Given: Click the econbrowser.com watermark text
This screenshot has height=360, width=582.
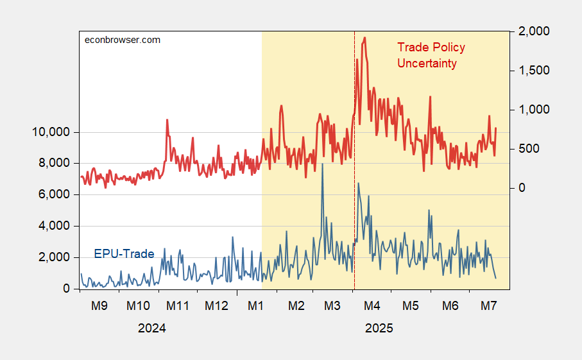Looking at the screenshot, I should tap(123, 40).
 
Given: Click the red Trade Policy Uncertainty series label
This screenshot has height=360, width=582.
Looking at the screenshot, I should tap(431, 55).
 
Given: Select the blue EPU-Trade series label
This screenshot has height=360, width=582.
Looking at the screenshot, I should tap(124, 254).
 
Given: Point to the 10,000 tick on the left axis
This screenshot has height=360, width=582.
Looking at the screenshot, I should tap(51, 132).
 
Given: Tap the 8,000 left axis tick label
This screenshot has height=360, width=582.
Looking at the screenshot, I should tap(54, 164).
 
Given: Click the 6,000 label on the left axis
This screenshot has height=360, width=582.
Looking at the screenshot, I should tap(54, 195).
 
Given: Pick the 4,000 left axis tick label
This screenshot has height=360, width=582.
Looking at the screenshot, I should tap(54, 227).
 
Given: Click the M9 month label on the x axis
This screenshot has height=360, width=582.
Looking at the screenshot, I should tap(99, 306).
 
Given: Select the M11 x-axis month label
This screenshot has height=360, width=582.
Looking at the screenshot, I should tap(178, 306).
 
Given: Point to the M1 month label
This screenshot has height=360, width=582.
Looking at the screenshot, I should tap(256, 306).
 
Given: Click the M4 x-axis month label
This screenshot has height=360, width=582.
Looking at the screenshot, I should tap(372, 306).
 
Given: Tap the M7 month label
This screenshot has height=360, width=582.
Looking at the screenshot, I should tap(490, 306).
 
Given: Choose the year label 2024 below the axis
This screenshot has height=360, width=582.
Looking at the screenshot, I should tap(152, 328).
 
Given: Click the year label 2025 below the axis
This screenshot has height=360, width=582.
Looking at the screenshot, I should tap(379, 328).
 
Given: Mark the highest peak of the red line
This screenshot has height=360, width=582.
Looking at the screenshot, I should tap(364, 38).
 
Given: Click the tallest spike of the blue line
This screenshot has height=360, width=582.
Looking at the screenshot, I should tap(322, 164).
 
